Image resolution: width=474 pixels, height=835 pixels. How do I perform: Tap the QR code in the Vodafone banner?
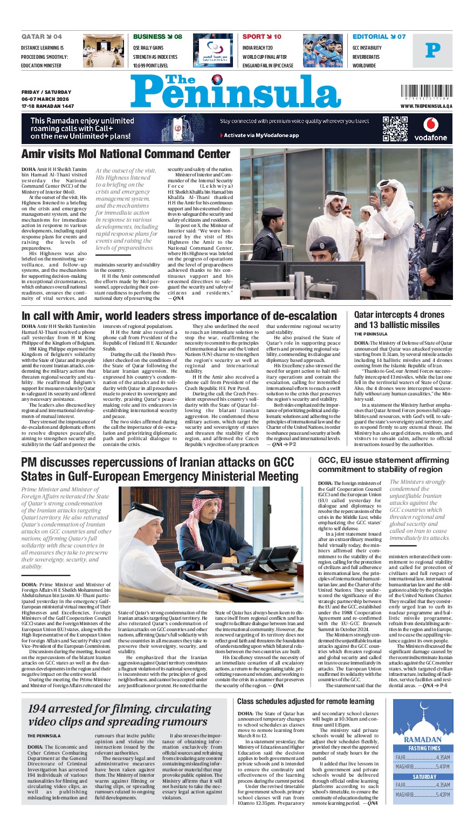(x=393, y=127)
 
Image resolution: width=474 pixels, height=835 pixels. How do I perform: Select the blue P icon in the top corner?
(x=432, y=51)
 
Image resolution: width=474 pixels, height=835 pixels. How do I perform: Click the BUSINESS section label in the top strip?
(x=149, y=37)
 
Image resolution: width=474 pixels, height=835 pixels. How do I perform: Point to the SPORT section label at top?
(x=255, y=37)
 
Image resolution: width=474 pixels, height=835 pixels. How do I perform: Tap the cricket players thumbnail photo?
(x=322, y=51)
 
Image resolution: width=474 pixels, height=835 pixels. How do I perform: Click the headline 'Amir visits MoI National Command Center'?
(x=126, y=154)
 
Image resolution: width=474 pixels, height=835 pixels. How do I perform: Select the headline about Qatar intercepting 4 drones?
(x=399, y=319)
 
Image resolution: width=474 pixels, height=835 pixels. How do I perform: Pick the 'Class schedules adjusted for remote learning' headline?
(x=306, y=702)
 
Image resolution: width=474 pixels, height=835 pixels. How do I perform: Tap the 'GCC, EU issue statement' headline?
(x=383, y=464)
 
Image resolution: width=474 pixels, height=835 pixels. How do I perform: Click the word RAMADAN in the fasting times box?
(x=422, y=740)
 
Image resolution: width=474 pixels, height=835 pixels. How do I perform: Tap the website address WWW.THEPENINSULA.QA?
(x=426, y=107)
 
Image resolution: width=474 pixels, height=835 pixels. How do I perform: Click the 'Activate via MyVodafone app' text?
(x=260, y=135)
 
